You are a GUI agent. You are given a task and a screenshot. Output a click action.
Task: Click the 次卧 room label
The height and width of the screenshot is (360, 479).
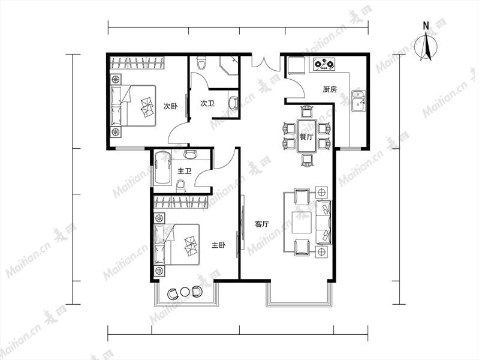(170, 106)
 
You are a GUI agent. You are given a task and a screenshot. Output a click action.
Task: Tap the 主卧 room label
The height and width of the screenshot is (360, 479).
(218, 245)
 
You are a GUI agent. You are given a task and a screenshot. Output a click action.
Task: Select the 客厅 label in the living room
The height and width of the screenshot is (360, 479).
(262, 224)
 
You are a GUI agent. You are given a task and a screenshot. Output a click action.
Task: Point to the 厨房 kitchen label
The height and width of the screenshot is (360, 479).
(330, 89)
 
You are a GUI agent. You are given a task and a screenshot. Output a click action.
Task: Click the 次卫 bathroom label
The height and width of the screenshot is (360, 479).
(207, 103)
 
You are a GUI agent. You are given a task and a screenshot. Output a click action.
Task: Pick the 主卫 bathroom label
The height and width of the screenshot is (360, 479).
(185, 170)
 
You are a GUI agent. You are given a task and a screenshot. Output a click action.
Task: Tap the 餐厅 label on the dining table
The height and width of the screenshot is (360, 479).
(306, 137)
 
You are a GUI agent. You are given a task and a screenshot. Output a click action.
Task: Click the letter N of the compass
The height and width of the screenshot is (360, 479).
(426, 26)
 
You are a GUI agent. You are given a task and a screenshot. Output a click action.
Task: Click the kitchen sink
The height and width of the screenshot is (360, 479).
(358, 101)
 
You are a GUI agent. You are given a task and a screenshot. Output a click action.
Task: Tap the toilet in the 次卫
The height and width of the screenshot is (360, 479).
(201, 63)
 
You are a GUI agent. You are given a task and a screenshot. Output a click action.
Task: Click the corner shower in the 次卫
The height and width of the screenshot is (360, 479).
(228, 65)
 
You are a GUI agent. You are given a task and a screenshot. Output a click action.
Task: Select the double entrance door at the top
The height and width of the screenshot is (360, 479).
(266, 61)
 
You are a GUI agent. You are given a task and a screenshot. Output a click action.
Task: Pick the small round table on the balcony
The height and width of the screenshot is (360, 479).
(185, 292)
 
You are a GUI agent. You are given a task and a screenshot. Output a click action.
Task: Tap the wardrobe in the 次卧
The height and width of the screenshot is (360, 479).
(137, 63)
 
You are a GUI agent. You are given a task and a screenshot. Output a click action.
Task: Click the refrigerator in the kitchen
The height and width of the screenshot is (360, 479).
(296, 65)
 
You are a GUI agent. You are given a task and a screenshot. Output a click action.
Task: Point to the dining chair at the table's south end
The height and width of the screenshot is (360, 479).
(308, 160)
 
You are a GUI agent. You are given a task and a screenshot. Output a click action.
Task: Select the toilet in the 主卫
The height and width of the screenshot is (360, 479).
(181, 186)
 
